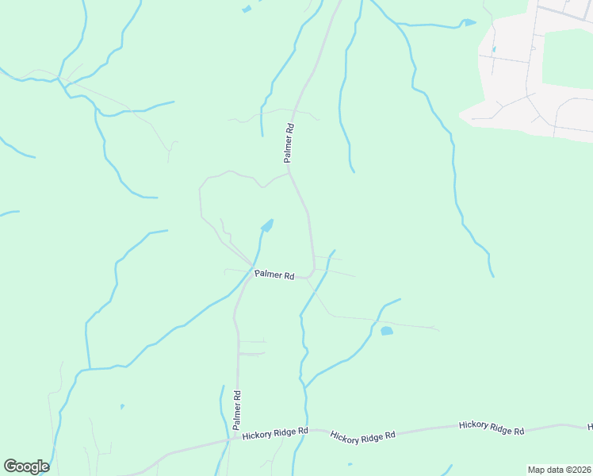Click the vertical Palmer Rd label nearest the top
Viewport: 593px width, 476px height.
(290, 143)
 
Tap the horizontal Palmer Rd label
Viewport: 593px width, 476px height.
(274, 275)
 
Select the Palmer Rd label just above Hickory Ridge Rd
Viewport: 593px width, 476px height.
(236, 410)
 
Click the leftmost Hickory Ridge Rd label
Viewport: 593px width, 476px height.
(275, 433)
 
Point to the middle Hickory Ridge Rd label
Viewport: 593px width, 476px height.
(362, 436)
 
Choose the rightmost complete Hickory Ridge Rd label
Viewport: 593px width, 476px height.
(492, 428)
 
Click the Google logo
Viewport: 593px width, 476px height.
(26, 466)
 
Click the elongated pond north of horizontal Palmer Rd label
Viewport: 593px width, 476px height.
(267, 227)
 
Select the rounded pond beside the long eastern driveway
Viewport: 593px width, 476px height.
(387, 331)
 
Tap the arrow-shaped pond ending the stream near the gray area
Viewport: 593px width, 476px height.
(469, 22)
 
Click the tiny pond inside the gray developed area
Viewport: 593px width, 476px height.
(493, 49)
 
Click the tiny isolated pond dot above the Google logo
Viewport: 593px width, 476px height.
(121, 407)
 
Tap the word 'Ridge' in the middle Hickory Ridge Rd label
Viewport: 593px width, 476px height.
(365, 436)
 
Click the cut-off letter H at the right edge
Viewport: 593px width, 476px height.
(589, 427)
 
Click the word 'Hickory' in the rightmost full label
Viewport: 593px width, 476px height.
(474, 426)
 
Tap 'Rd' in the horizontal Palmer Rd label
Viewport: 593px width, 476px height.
(289, 277)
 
